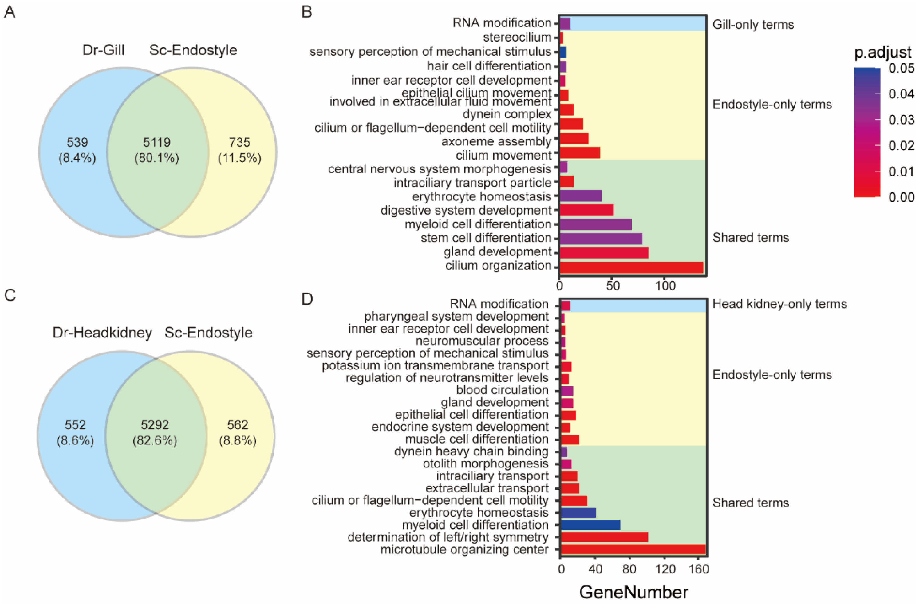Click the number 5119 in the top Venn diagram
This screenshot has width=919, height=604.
click(157, 142)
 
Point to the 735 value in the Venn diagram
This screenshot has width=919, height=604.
click(239, 142)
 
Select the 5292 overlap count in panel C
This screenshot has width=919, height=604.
click(155, 425)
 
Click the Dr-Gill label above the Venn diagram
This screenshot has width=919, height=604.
click(103, 50)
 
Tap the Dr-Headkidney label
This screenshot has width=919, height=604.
click(102, 333)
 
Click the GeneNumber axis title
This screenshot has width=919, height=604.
click(634, 592)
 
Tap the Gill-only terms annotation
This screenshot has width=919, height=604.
click(753, 25)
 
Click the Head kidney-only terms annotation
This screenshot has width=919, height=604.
click(779, 304)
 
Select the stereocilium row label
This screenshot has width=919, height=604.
click(517, 37)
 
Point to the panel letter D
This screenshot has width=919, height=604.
click(307, 299)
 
